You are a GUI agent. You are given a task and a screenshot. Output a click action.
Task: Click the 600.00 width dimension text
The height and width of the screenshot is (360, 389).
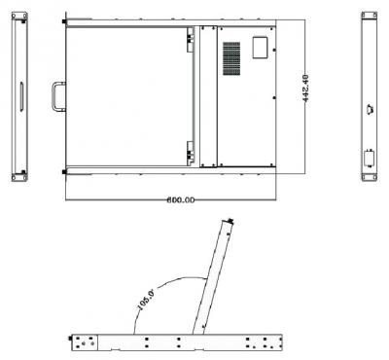click(181, 200)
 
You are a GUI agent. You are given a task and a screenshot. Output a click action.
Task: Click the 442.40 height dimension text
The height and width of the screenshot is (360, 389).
click(305, 89)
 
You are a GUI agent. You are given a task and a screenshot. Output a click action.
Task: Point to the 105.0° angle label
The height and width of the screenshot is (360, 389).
click(145, 301)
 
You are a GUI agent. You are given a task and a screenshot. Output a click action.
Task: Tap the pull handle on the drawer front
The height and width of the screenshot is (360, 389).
click(58, 96)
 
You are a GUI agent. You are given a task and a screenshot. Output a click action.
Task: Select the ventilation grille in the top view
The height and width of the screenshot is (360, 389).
click(231, 58)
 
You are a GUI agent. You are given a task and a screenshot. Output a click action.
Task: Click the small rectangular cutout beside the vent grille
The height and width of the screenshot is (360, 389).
click(260, 48)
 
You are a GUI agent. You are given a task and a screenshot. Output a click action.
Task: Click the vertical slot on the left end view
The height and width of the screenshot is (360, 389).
click(21, 96)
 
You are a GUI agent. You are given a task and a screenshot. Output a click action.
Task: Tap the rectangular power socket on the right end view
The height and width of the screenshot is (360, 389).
click(369, 159)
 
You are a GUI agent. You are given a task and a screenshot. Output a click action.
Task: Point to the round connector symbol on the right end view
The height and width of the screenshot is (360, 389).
click(371, 109)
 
